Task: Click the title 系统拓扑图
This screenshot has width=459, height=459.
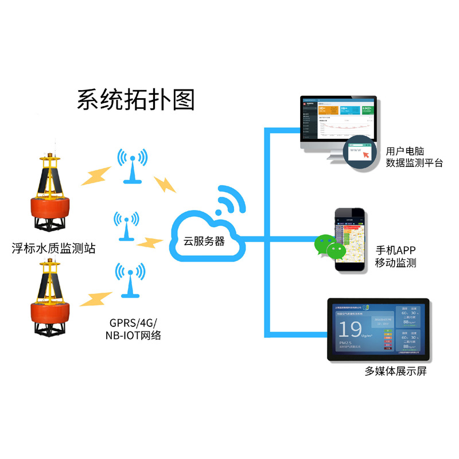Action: point(136,99)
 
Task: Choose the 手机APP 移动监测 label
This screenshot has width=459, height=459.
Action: point(396,256)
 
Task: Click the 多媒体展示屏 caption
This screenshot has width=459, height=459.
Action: point(396,371)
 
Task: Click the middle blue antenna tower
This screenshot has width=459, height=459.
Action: point(126,227)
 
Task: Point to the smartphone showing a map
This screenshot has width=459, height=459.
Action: point(350,241)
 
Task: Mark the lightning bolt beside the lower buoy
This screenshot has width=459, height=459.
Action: point(95,298)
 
